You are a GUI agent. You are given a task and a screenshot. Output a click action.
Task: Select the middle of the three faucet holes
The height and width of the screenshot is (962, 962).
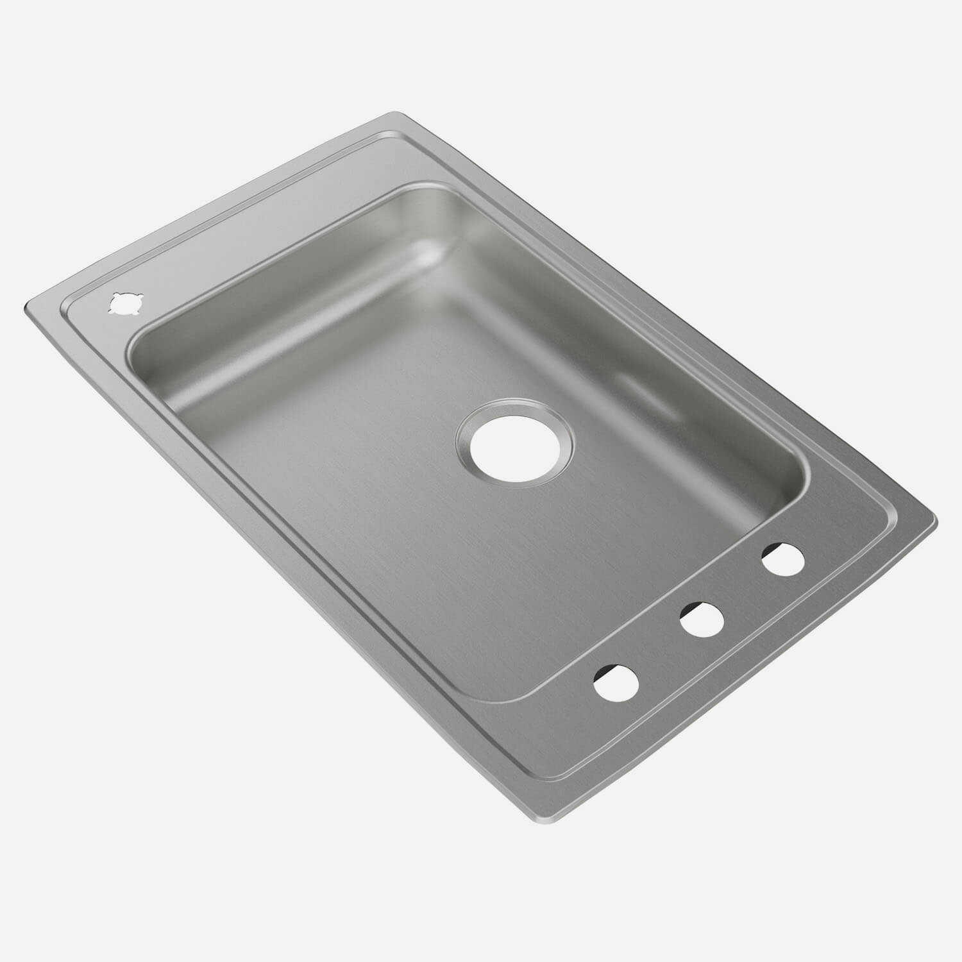702,619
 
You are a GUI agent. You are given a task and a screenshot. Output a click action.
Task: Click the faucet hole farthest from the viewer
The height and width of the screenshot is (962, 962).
783,558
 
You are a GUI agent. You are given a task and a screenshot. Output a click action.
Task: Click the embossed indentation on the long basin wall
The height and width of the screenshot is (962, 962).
632,385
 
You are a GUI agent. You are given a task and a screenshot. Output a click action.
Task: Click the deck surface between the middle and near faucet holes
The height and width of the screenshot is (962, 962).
661,651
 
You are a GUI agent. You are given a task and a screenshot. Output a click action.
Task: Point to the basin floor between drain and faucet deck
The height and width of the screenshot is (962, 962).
577,545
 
